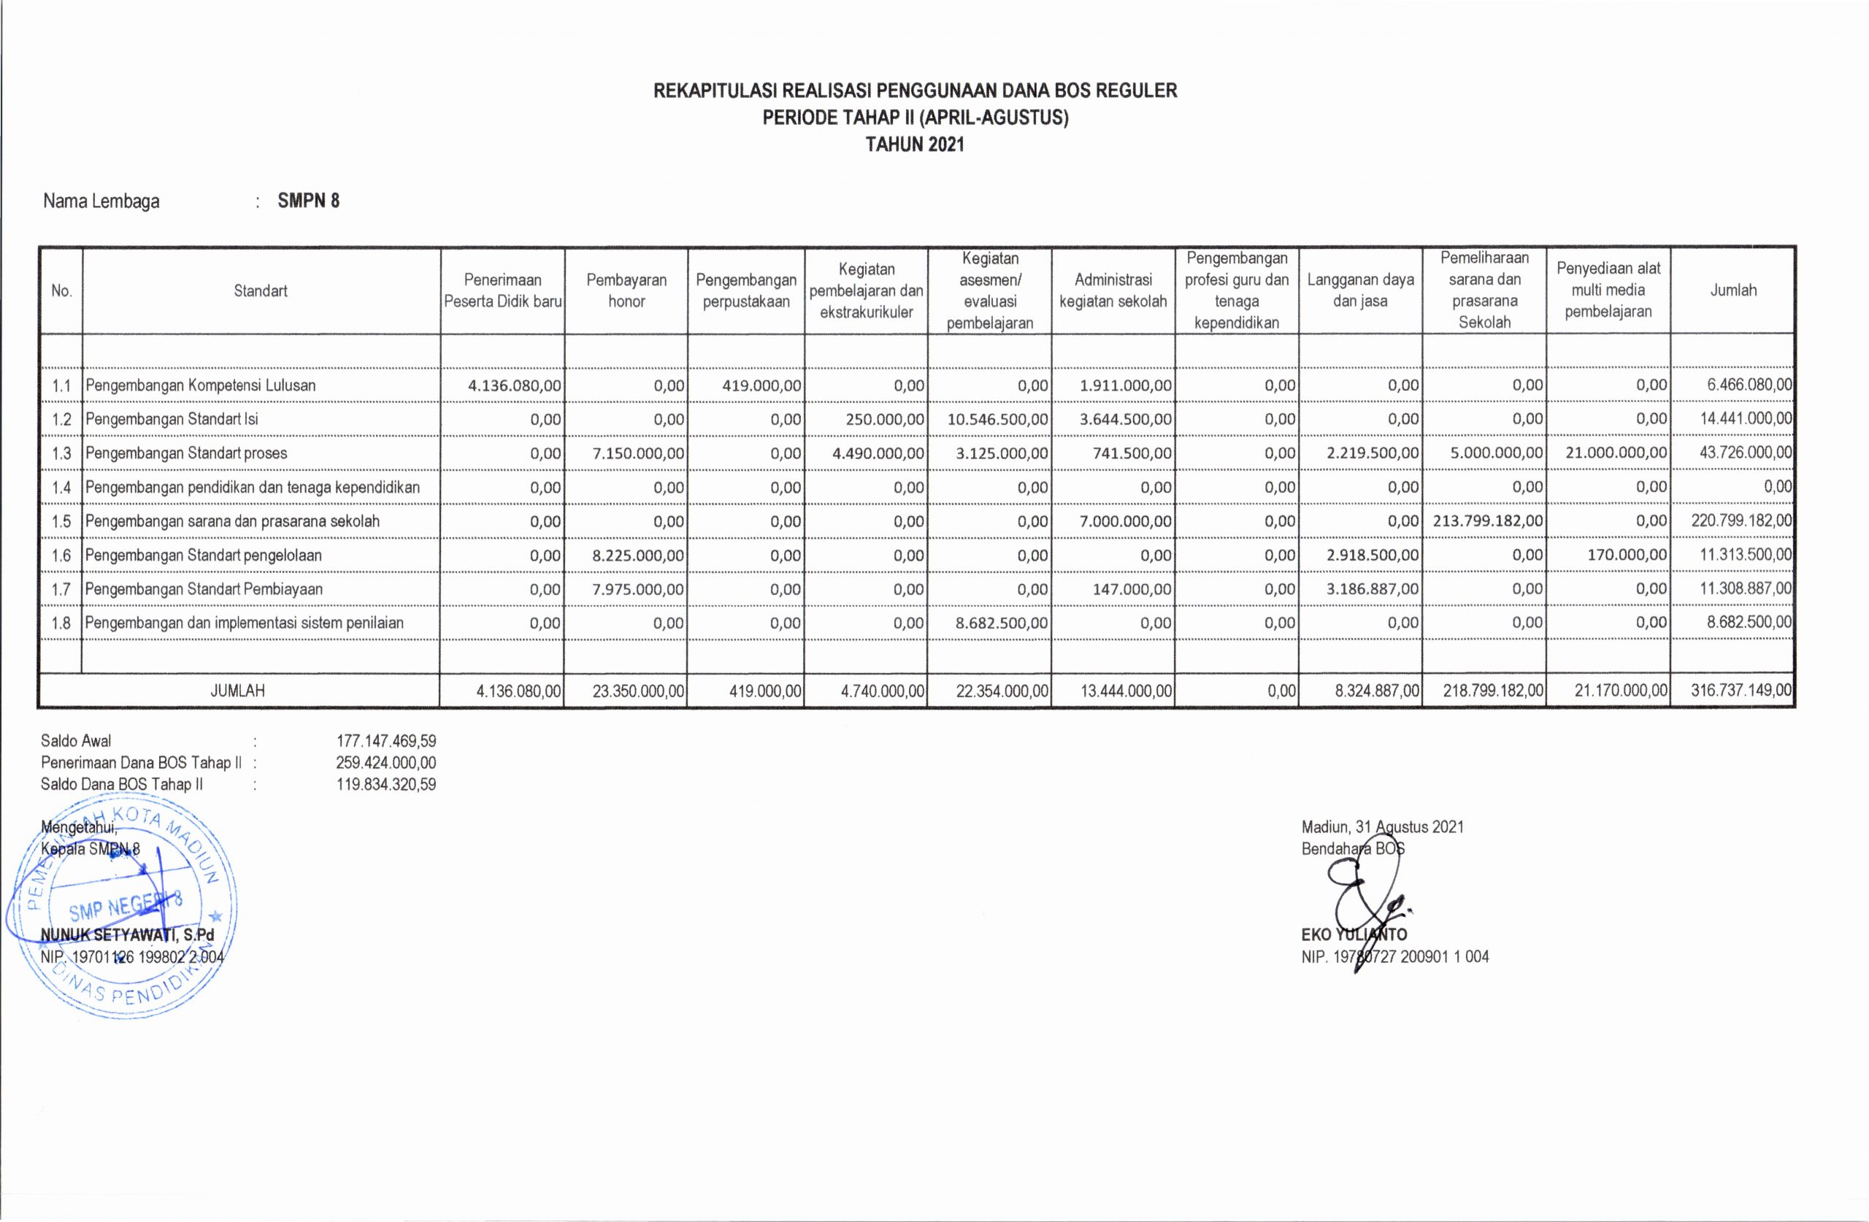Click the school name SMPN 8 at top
[x=309, y=201]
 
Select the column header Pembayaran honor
[x=626, y=291]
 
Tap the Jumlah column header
[x=1732, y=291]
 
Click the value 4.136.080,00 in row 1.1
[x=515, y=385]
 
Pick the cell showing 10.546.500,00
[x=997, y=419]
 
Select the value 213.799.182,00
[x=1487, y=520]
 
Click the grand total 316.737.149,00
[x=1741, y=691]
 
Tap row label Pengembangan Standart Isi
[x=172, y=419]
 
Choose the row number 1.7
[x=61, y=589]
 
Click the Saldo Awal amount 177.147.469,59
[x=385, y=741]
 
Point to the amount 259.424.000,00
[x=385, y=763]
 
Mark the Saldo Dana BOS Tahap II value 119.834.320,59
[x=385, y=785]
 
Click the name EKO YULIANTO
[x=1354, y=935]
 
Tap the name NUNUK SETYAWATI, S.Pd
[x=127, y=935]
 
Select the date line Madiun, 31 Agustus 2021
[x=1382, y=827]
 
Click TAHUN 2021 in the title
[x=915, y=145]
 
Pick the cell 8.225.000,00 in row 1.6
[x=637, y=556]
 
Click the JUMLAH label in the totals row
[x=238, y=691]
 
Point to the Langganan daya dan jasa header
[x=1360, y=291]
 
